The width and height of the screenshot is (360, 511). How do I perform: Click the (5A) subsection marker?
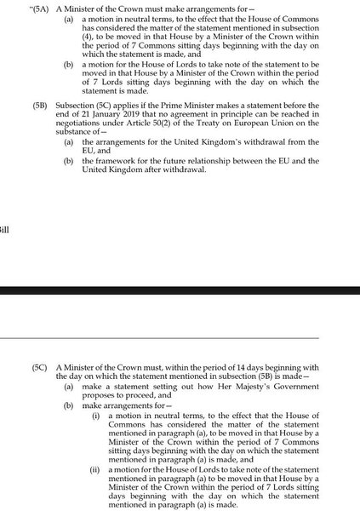click(x=42, y=7)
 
